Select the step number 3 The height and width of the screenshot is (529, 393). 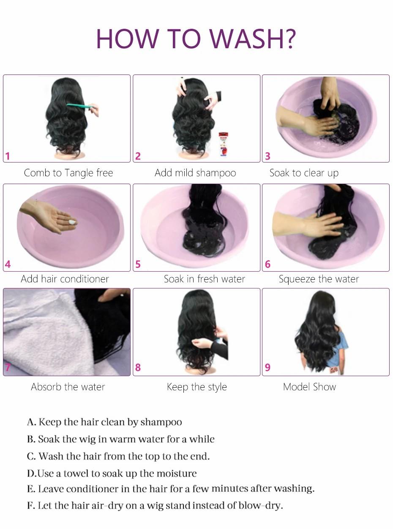[267, 157]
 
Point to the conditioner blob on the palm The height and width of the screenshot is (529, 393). [72, 221]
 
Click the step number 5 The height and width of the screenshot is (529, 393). [138, 265]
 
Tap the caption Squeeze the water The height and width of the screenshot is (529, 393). [319, 279]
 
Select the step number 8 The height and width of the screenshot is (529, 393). [138, 367]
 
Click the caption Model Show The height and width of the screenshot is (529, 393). [309, 387]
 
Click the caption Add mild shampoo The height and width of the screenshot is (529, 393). [195, 173]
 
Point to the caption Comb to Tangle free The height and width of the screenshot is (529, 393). [68, 173]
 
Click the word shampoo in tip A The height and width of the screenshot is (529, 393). [161, 422]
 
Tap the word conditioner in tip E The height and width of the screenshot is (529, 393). [93, 489]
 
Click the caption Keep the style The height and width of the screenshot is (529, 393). [197, 387]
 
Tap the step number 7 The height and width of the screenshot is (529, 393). [8, 367]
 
